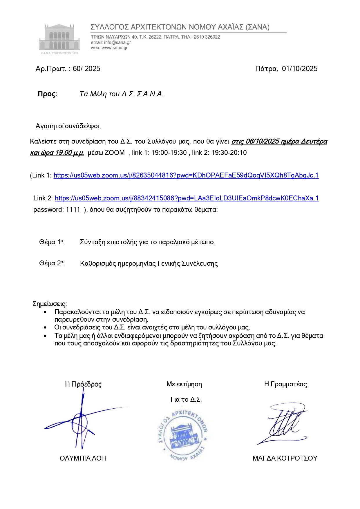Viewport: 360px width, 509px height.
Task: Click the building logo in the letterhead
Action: coord(59,38)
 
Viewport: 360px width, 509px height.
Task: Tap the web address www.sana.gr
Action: coord(114,48)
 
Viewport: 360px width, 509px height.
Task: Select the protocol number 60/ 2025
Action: coord(86,69)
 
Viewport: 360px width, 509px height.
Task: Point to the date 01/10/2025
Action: coord(299,69)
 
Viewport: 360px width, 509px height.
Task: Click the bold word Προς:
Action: coord(48,94)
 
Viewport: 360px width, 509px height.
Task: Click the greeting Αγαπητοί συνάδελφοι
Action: coord(68,126)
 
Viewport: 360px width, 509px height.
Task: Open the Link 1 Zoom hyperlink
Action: coord(186,175)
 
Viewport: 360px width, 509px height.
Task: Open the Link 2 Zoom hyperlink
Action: coord(187,198)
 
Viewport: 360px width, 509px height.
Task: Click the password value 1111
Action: coord(73,210)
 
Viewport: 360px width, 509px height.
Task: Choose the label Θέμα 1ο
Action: coord(52,242)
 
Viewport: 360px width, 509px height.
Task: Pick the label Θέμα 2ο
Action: coord(52,263)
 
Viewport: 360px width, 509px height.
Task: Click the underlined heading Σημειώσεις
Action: coord(50,304)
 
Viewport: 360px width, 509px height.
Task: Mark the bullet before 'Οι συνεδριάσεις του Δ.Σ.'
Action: coord(45,328)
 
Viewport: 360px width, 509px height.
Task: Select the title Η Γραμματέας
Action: coord(285,384)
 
